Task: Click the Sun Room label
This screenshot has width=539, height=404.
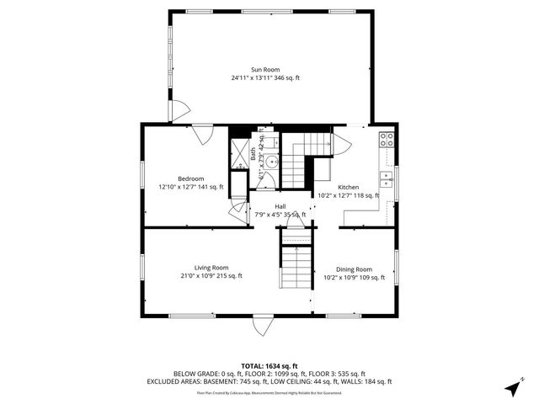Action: pyautogui.click(x=264, y=70)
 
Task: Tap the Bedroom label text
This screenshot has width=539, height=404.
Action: pyautogui.click(x=190, y=178)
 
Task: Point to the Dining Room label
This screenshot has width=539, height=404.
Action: pyautogui.click(x=354, y=269)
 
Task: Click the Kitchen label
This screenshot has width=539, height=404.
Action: pyautogui.click(x=348, y=187)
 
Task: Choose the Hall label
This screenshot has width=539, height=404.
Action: pyautogui.click(x=280, y=207)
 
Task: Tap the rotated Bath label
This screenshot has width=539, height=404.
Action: pyautogui.click(x=253, y=153)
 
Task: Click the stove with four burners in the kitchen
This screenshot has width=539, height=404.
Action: pyautogui.click(x=386, y=141)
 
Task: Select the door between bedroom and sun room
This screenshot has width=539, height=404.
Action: pyautogui.click(x=202, y=132)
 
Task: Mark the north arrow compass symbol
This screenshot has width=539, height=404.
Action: pyautogui.click(x=513, y=388)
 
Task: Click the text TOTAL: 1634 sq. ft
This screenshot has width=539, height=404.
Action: pyautogui.click(x=269, y=365)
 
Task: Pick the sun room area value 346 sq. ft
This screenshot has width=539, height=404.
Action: pyautogui.click(x=286, y=78)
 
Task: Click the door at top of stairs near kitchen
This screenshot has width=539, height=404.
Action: pyautogui.click(x=341, y=144)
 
